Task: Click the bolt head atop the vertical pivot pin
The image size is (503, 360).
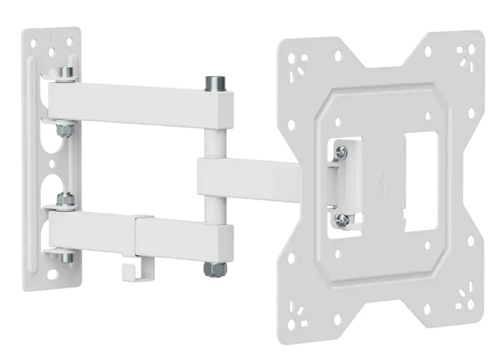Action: point(214,84)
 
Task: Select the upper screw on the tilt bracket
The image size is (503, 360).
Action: point(341,151)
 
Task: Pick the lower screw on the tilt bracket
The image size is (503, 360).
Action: point(341,219)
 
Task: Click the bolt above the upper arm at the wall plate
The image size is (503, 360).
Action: point(66,73)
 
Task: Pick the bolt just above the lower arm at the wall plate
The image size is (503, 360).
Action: point(66,200)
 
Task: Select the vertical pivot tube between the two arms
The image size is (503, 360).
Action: point(214,141)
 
